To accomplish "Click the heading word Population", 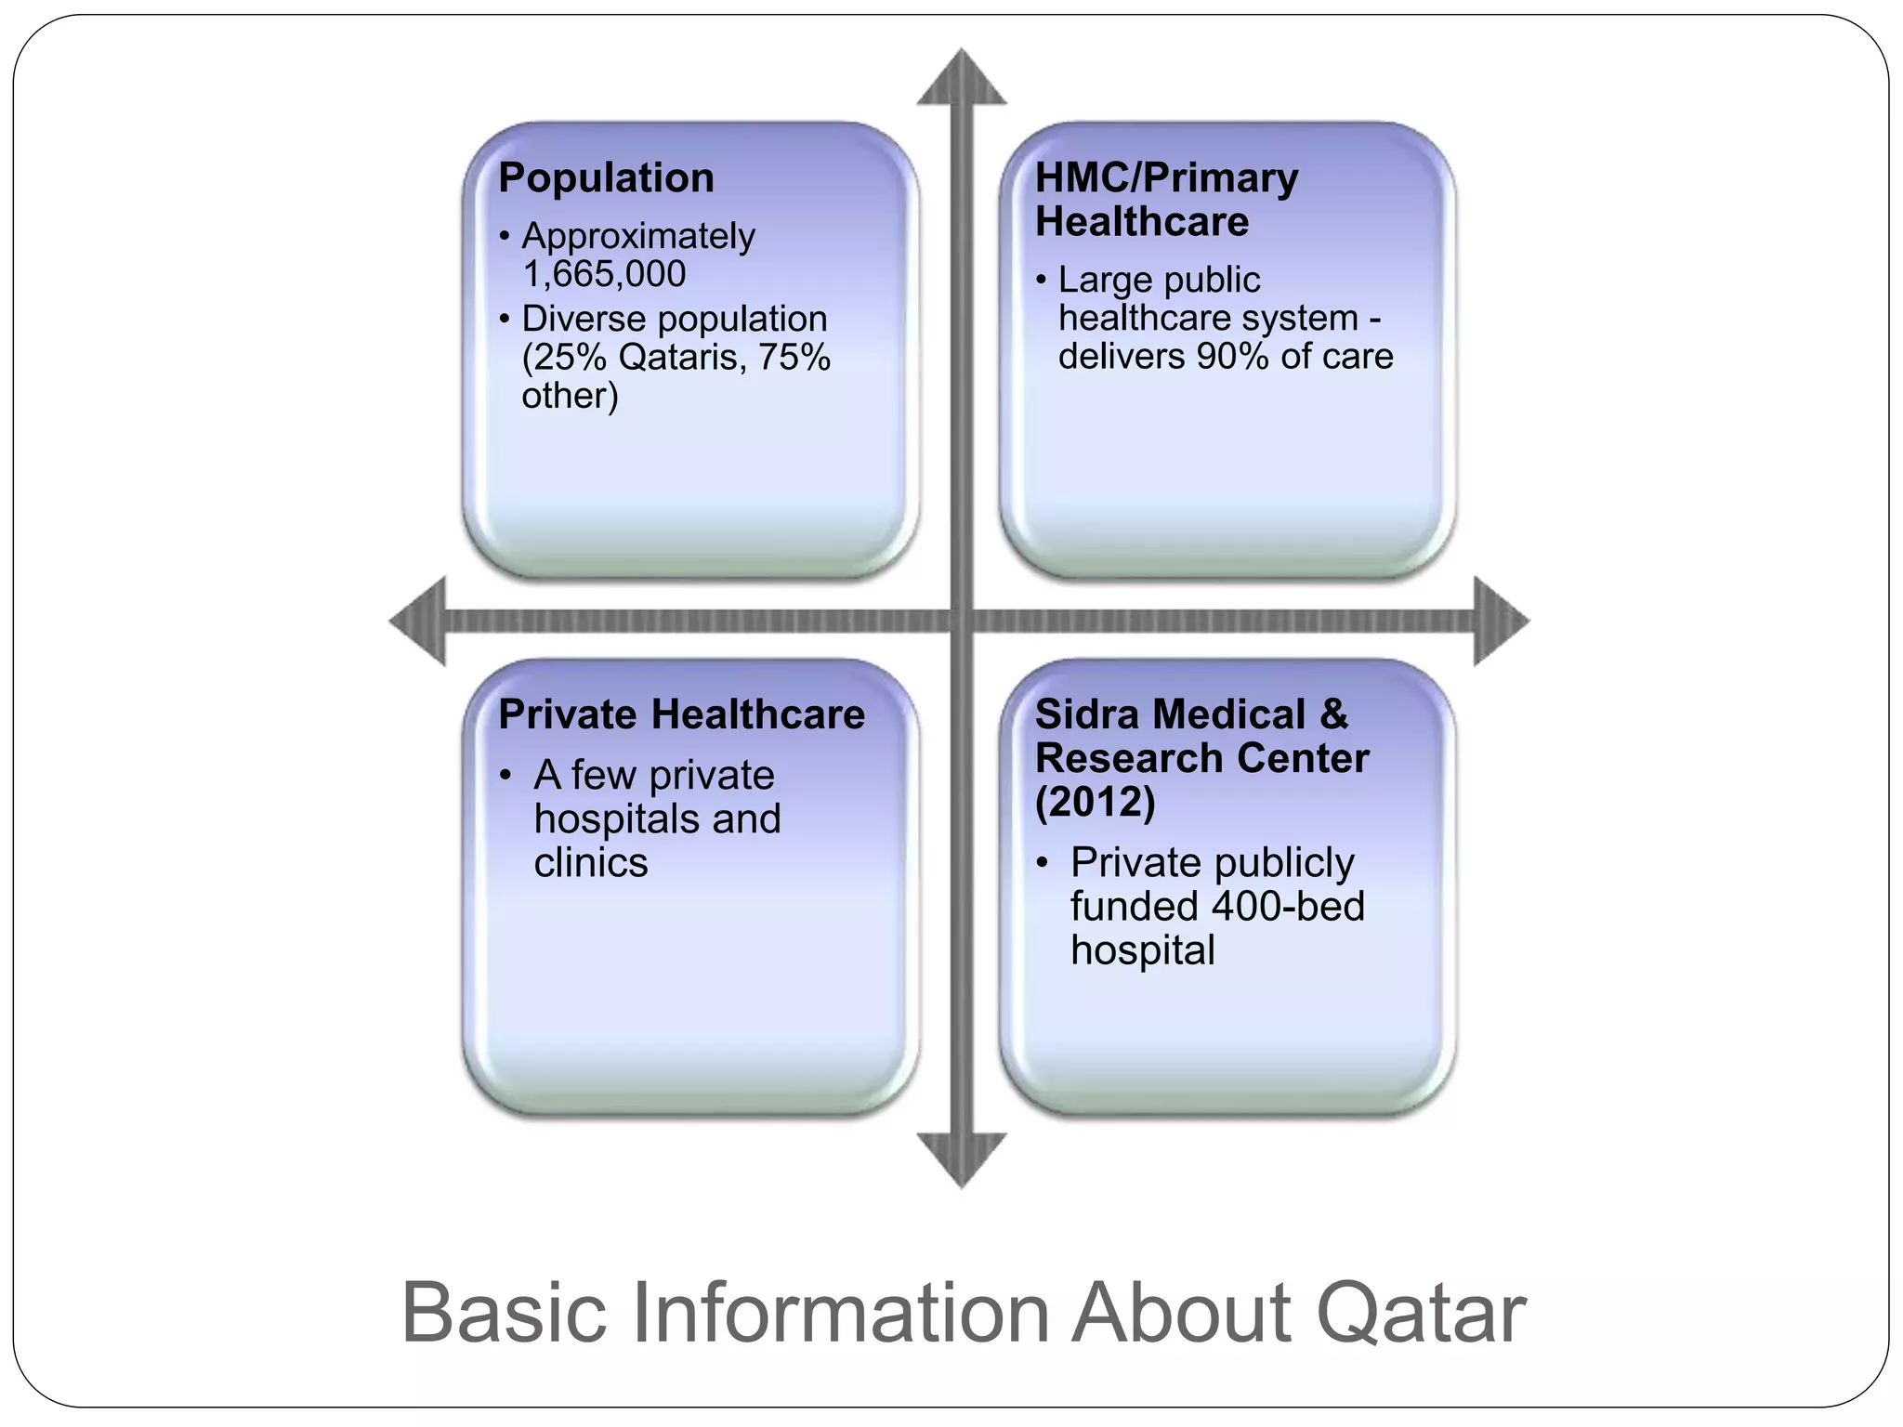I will [x=606, y=178].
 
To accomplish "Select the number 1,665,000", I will [x=604, y=274].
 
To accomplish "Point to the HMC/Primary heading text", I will [x=1166, y=178].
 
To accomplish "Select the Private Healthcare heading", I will [x=681, y=714].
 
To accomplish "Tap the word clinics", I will [x=591, y=863].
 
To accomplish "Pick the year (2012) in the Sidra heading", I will [x=1096, y=802].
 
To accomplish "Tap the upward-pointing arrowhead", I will [x=962, y=78].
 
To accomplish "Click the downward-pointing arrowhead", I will [x=962, y=1158].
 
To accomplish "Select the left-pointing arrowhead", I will [x=419, y=621].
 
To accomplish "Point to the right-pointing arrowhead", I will [x=1500, y=621].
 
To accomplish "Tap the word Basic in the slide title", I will [x=505, y=1314].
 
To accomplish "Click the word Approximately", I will [x=638, y=236].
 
